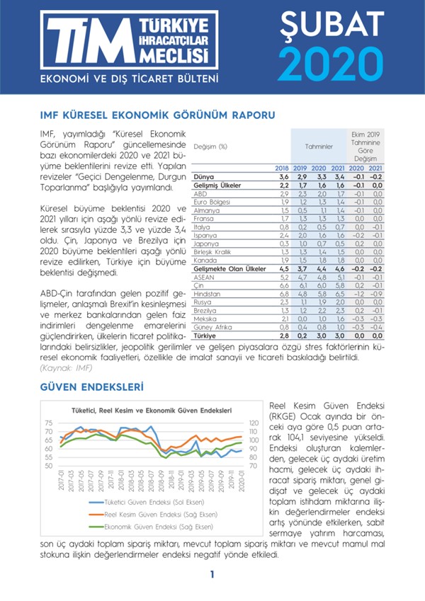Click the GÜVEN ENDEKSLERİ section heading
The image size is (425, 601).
pyautogui.click(x=88, y=387)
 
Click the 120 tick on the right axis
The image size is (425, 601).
pyautogui.click(x=255, y=423)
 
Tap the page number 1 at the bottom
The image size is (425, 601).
pyautogui.click(x=212, y=575)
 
